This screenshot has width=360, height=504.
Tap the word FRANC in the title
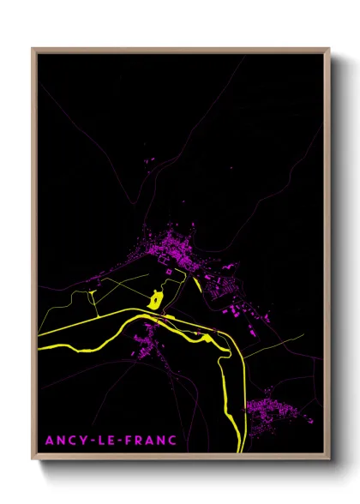[x=150, y=441]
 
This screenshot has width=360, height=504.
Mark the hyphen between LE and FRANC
[x=120, y=441]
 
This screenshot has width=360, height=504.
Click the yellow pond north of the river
[x=155, y=299]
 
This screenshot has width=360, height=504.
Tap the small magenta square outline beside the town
[x=169, y=271]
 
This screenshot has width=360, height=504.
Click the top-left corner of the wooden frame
[x=33, y=49]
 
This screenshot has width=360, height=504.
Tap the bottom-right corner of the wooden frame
[x=329, y=460]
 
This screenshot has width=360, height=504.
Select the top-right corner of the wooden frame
[x=329, y=49]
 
